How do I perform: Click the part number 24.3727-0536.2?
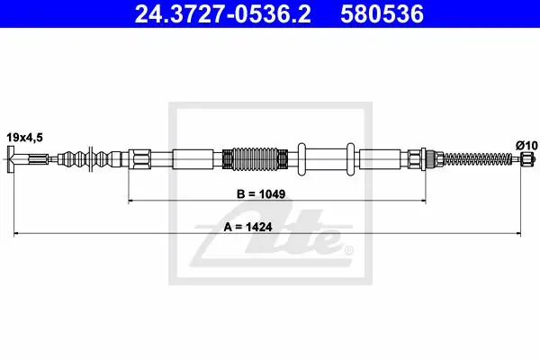point(222,14)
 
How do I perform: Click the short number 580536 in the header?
point(382,14)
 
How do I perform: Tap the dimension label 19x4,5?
point(25,138)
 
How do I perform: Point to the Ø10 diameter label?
point(526,146)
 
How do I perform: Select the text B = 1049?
point(261,194)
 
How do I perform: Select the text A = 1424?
point(247,227)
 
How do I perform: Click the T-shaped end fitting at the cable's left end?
point(11,159)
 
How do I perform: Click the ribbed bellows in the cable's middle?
point(255,159)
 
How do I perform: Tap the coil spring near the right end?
point(478,158)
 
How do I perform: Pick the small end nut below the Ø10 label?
point(526,159)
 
